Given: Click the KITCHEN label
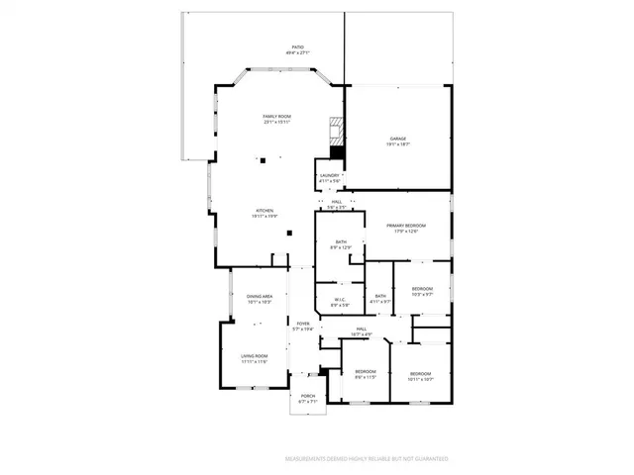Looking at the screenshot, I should coord(264,212).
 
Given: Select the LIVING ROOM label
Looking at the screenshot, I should coord(255,358).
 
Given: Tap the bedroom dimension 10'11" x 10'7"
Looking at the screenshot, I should coord(421,379).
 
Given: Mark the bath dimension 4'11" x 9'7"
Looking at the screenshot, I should coord(380,301).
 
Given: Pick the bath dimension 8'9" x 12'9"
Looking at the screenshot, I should coord(341,247).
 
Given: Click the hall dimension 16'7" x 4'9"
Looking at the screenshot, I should coord(362,334).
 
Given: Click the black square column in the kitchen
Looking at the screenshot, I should coord(289,234).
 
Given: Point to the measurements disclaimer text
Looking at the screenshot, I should coord(367,459).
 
